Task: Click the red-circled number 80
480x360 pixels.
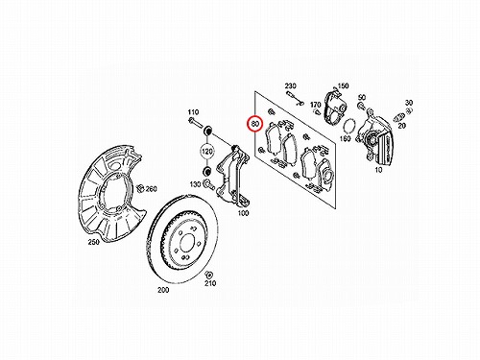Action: click(x=255, y=124)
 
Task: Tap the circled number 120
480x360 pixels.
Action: click(x=207, y=151)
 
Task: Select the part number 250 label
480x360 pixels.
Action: click(x=94, y=242)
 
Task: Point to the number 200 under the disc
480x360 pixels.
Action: click(x=163, y=290)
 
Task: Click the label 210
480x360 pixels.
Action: click(x=210, y=283)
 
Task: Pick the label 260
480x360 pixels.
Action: click(x=152, y=189)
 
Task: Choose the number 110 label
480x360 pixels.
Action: click(x=193, y=112)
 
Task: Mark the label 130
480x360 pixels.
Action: click(x=195, y=184)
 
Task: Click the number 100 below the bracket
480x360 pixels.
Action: click(x=243, y=213)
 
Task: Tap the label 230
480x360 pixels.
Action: click(x=291, y=85)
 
